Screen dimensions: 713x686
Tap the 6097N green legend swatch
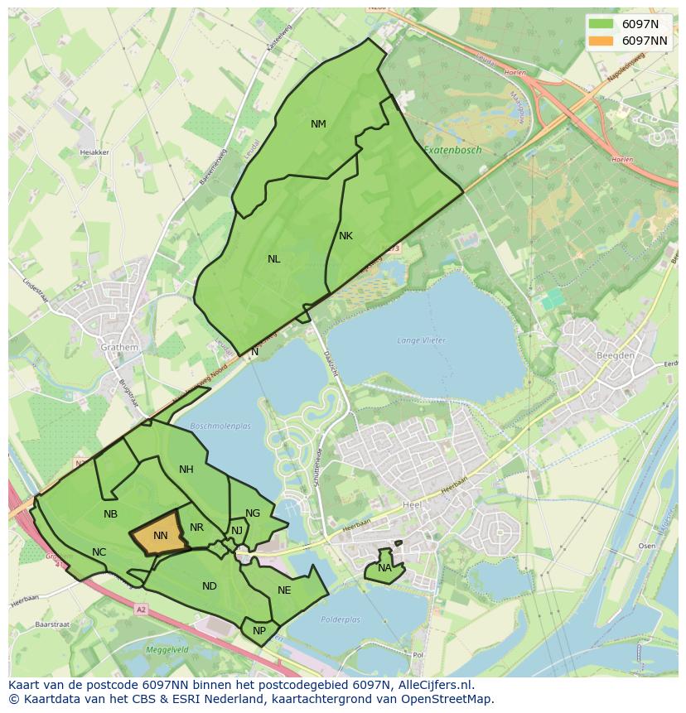point(601,24)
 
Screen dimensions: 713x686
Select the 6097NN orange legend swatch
point(601,41)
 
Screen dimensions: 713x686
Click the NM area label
point(318,124)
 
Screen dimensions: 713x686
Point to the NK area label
point(345,236)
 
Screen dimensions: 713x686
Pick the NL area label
point(273,259)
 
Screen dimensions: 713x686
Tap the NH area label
point(186,470)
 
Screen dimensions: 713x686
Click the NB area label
point(110,514)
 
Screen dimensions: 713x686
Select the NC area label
point(99,552)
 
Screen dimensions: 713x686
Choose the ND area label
point(209,586)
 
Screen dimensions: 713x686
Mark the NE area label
point(284,590)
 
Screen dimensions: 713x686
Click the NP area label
point(259,630)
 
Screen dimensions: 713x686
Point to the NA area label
point(384,568)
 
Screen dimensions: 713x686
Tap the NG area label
point(253,513)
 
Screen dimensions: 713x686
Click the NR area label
point(196,528)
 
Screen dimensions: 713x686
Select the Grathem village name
point(119,348)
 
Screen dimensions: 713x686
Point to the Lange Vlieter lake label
point(421,340)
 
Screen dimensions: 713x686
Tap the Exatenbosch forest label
point(452,150)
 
